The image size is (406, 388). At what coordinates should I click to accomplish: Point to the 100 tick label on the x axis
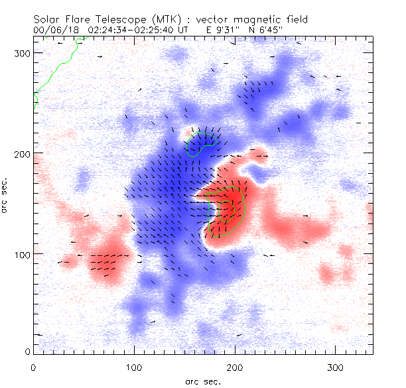[x=134, y=366]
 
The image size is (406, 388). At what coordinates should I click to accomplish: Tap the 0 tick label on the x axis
[x=33, y=366]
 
